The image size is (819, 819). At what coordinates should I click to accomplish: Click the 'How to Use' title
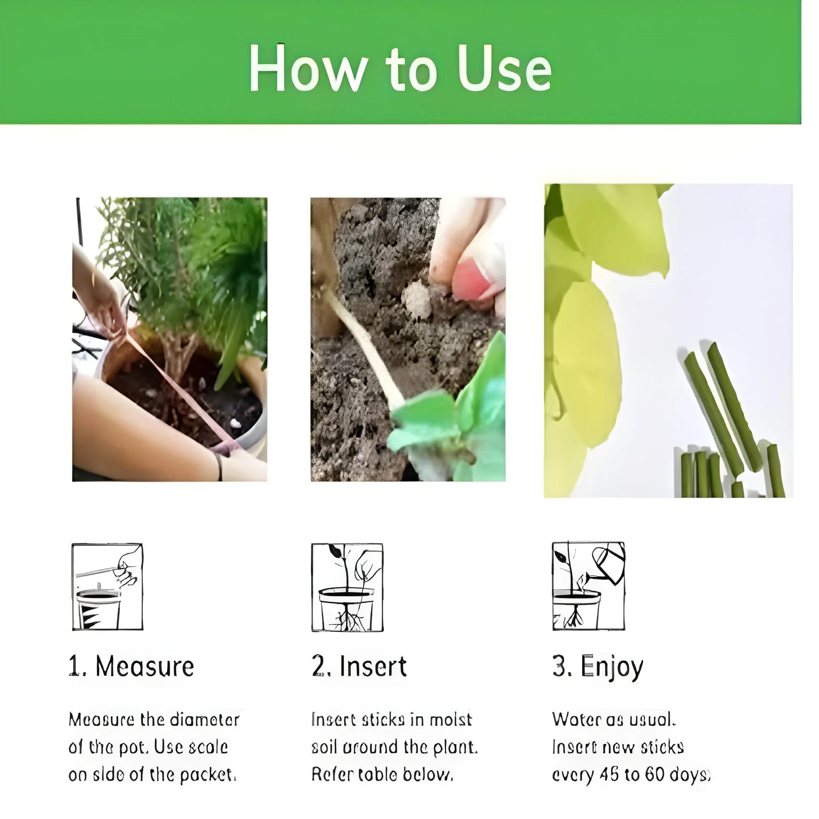pyautogui.click(x=400, y=69)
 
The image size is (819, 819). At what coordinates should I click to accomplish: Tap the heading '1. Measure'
pyautogui.click(x=131, y=666)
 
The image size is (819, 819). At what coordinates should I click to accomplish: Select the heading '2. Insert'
pyautogui.click(x=359, y=666)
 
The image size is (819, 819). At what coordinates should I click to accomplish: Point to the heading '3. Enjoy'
pyautogui.click(x=597, y=667)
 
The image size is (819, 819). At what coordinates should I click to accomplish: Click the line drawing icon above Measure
pyautogui.click(x=107, y=587)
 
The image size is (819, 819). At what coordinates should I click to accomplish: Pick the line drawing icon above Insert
pyautogui.click(x=347, y=587)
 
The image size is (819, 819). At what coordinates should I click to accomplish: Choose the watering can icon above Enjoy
pyautogui.click(x=588, y=587)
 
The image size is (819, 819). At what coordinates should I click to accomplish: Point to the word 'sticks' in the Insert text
pyautogui.click(x=383, y=720)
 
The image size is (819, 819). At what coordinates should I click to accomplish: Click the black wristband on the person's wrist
pyautogui.click(x=218, y=466)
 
